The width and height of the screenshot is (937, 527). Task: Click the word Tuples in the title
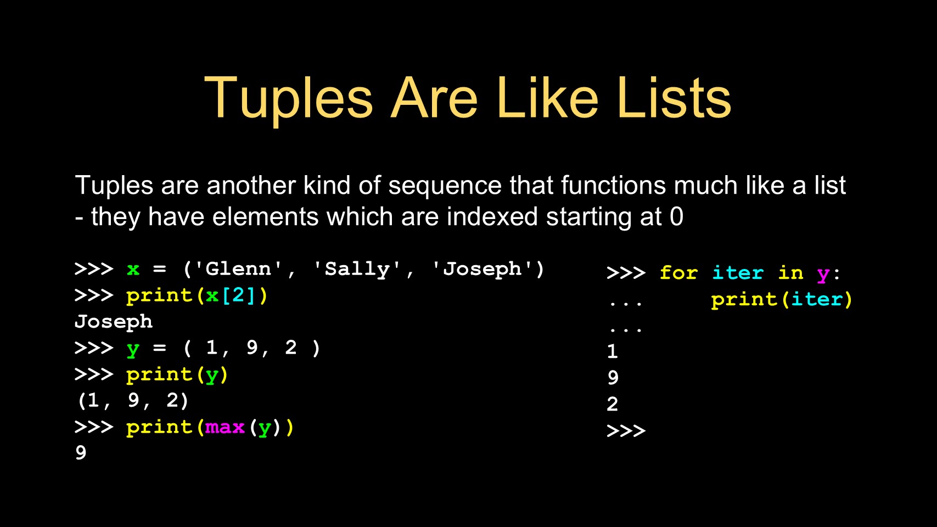pyautogui.click(x=288, y=99)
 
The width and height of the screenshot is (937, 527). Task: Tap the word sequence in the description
pyautogui.click(x=445, y=186)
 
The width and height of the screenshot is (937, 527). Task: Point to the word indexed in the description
pyautogui.click(x=492, y=217)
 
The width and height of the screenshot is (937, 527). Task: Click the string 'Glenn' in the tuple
pyautogui.click(x=238, y=269)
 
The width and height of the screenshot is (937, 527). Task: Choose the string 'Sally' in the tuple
pyautogui.click(x=357, y=270)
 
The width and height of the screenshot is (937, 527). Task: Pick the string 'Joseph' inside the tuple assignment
pyautogui.click(x=481, y=270)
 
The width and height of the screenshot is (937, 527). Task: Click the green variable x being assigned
pyautogui.click(x=133, y=270)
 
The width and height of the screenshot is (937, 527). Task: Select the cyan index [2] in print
pyautogui.click(x=238, y=296)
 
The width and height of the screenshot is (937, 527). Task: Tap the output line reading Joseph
pyautogui.click(x=114, y=322)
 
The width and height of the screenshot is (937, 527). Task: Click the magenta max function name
pyautogui.click(x=225, y=428)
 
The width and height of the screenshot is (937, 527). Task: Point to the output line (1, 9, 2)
pyautogui.click(x=133, y=401)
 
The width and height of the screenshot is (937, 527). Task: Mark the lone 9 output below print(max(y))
pyautogui.click(x=81, y=453)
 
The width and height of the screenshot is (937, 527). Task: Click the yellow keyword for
pyautogui.click(x=678, y=273)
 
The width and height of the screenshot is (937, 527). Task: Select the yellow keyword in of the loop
pyautogui.click(x=790, y=273)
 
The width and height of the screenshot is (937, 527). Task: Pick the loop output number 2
pyautogui.click(x=613, y=404)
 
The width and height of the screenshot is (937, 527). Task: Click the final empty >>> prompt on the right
pyautogui.click(x=626, y=430)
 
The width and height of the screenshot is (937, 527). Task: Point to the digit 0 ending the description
pyautogui.click(x=676, y=217)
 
